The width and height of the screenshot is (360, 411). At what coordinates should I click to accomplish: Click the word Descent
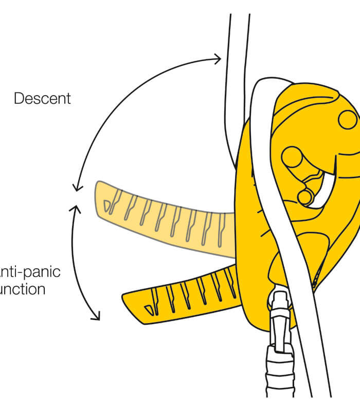[42, 98]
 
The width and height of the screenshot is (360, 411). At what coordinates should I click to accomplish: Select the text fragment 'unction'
[23, 289]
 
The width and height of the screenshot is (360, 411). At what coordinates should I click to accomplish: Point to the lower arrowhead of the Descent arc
[76, 188]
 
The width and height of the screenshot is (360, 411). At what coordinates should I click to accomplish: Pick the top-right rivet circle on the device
[347, 119]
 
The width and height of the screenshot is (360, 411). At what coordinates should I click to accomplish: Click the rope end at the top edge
[240, 21]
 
